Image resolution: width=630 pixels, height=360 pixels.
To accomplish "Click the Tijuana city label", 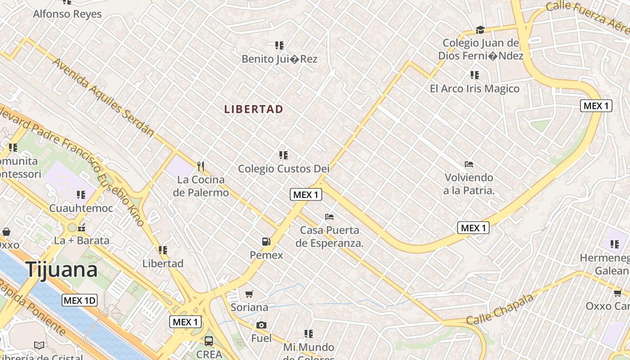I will [x=61, y=270].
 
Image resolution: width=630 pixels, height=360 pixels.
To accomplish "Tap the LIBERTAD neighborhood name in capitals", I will [x=254, y=109].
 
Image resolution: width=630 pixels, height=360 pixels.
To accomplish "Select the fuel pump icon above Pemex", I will [x=266, y=242].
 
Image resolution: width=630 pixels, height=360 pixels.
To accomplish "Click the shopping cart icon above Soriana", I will [x=249, y=294].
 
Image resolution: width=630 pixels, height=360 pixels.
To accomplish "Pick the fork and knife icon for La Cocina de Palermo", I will [x=201, y=166].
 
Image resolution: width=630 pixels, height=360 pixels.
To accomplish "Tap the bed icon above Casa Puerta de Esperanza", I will [x=329, y=217].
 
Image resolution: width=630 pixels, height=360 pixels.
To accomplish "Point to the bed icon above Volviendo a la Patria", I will [x=468, y=164].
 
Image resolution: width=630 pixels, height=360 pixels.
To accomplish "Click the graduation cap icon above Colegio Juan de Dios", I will [x=480, y=30].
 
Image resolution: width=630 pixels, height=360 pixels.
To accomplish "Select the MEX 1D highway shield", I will [x=80, y=300].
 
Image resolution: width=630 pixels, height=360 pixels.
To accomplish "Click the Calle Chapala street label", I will [x=500, y=309].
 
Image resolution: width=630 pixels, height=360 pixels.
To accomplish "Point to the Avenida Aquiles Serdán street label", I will [x=103, y=97].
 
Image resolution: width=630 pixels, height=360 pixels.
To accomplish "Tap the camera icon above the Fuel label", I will [x=261, y=325].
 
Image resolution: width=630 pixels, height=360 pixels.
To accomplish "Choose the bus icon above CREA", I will [x=209, y=341].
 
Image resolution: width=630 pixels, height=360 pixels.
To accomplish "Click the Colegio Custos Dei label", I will [x=283, y=169].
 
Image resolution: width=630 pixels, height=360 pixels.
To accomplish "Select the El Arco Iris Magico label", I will [x=474, y=89].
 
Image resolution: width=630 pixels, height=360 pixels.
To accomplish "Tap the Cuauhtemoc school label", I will [x=81, y=208].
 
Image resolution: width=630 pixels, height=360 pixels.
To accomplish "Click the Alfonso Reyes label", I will [x=67, y=14].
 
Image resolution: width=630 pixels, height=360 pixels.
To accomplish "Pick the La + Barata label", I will [x=81, y=240].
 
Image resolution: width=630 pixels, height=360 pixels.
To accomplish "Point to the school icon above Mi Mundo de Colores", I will [x=308, y=334].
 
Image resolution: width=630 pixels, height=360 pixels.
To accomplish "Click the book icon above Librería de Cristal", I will [x=39, y=345].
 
